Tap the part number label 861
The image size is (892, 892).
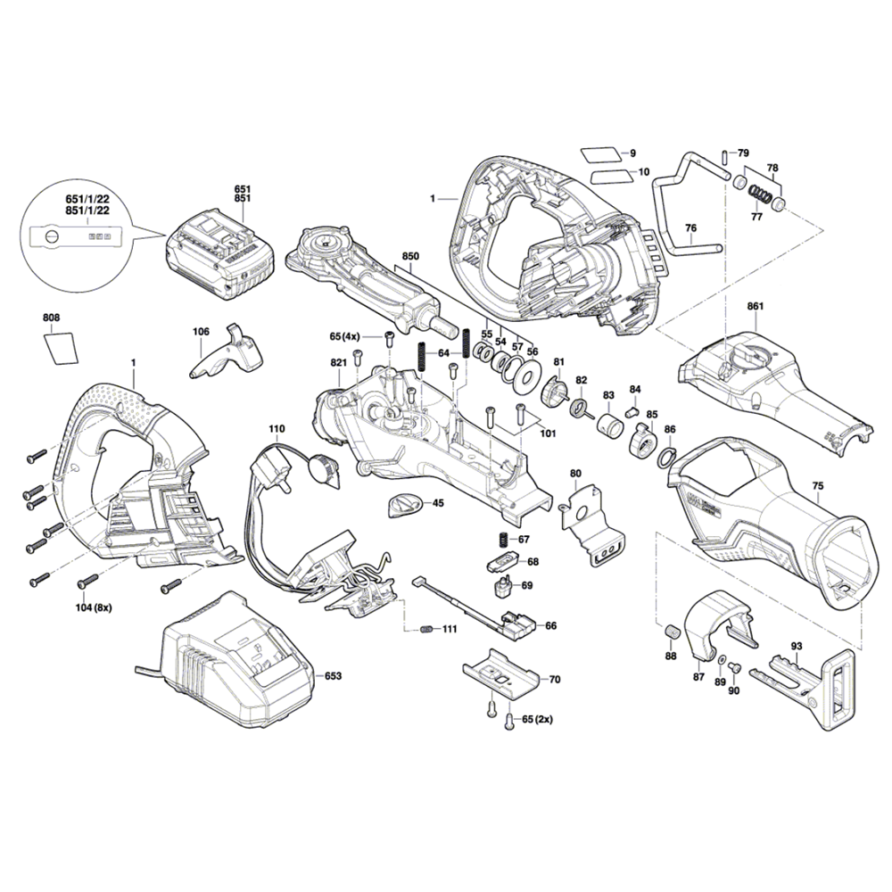point(756,307)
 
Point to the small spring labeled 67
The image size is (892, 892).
point(502,540)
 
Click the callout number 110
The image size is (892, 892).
point(277,429)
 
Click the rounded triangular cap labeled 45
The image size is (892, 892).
point(407,505)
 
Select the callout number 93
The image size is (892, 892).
point(797,646)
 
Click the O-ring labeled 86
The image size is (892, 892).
point(665,457)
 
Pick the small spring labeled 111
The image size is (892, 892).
point(426,630)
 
